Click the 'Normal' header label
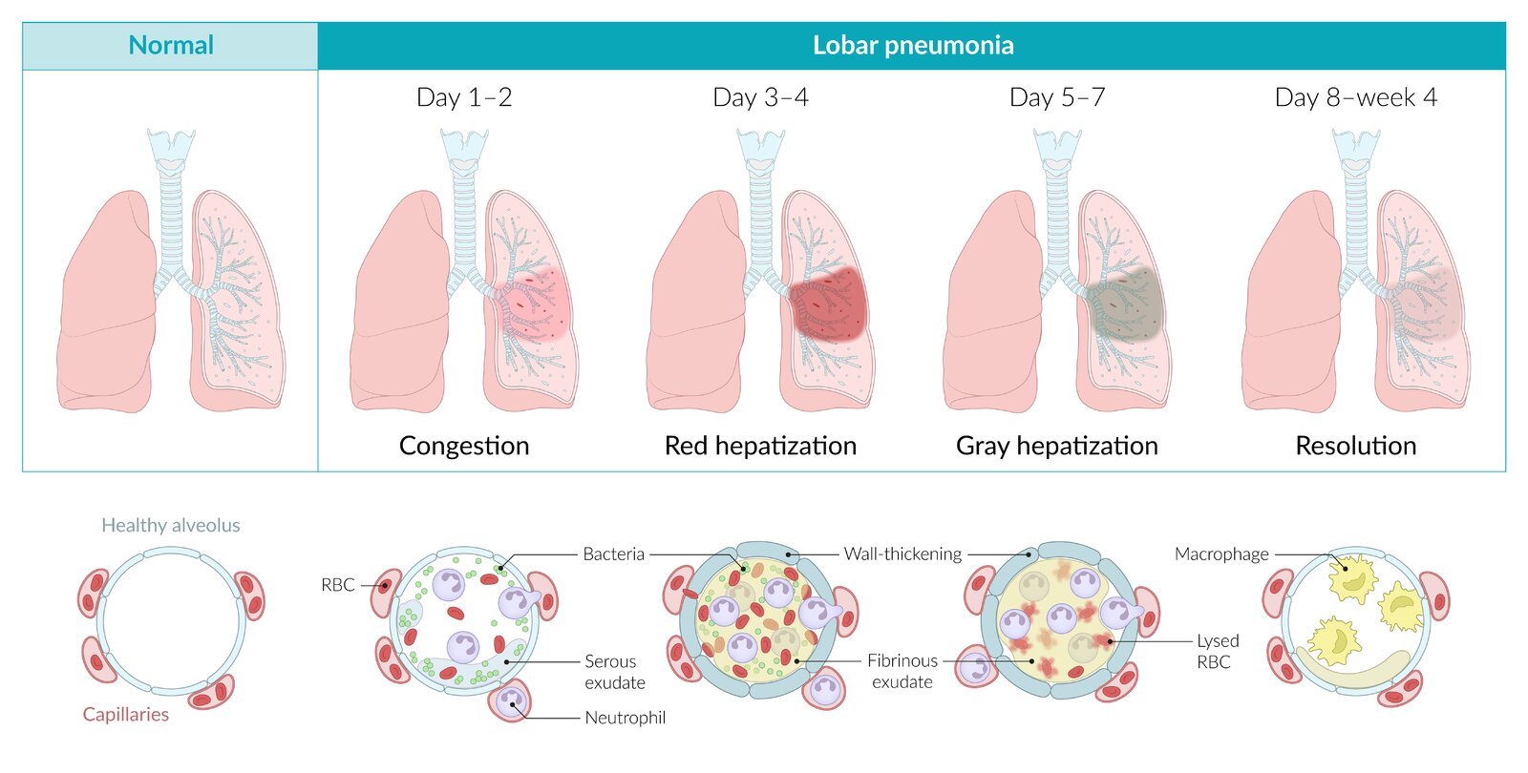pyautogui.click(x=171, y=45)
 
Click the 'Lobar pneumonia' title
pyautogui.click(x=912, y=45)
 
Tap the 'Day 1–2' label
pyautogui.click(x=464, y=97)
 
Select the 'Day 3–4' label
pyautogui.click(x=760, y=97)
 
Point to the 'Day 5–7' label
pyautogui.click(x=1057, y=97)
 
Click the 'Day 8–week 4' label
pyautogui.click(x=1355, y=97)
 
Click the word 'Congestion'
pyautogui.click(x=464, y=446)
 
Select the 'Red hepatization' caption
pyautogui.click(x=760, y=446)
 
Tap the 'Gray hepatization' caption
pyautogui.click(x=1057, y=446)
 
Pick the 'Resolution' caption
pyautogui.click(x=1355, y=446)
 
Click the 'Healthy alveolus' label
pyautogui.click(x=171, y=525)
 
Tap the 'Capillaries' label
pyautogui.click(x=125, y=714)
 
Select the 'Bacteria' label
pyautogui.click(x=613, y=554)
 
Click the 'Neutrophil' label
pyautogui.click(x=625, y=718)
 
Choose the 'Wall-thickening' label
pyautogui.click(x=902, y=554)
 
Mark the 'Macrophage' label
pyautogui.click(x=1221, y=554)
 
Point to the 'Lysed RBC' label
pyautogui.click(x=1218, y=651)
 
